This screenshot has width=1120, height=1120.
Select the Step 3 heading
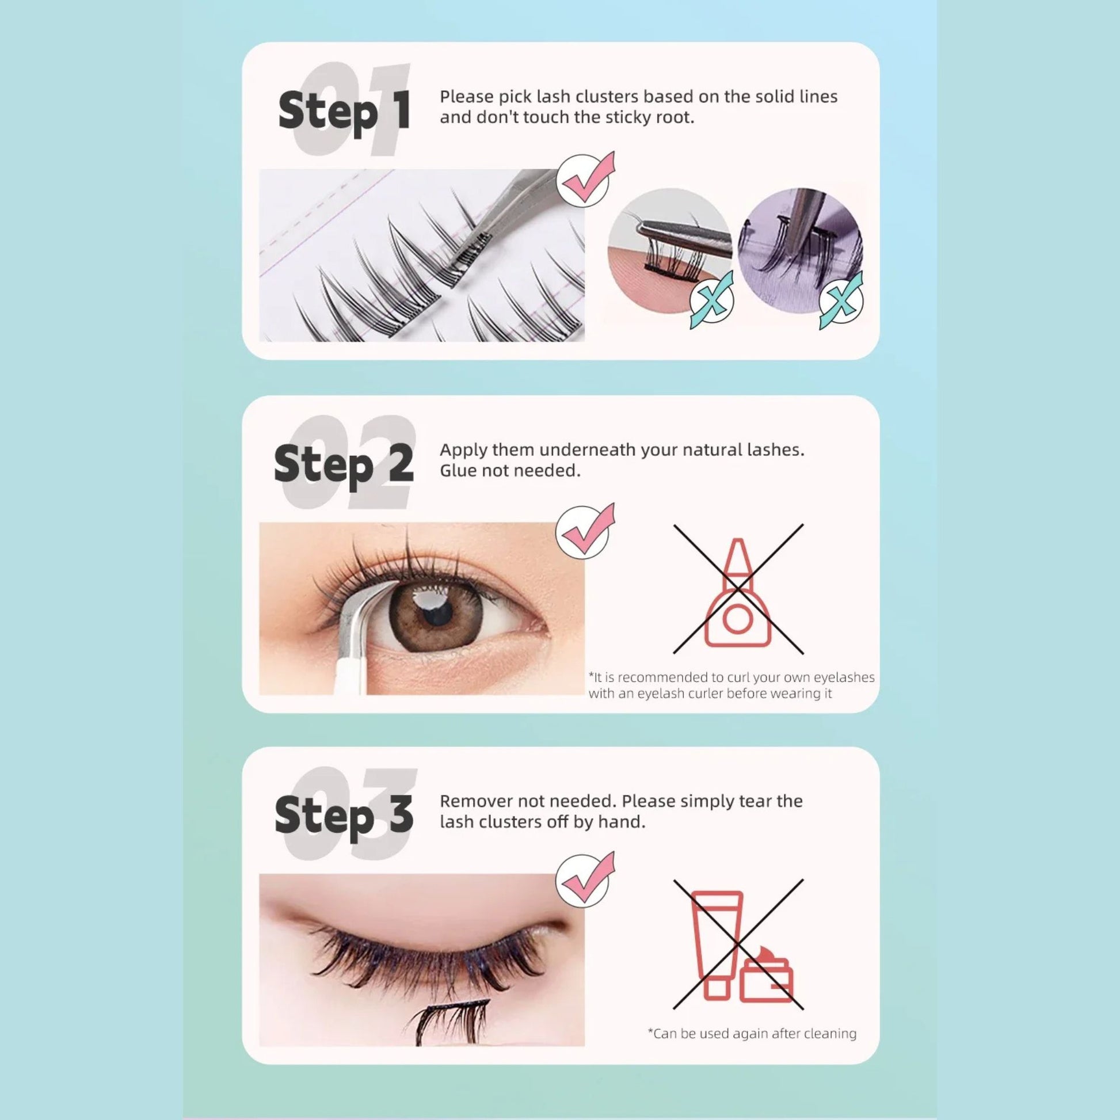point(344,814)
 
